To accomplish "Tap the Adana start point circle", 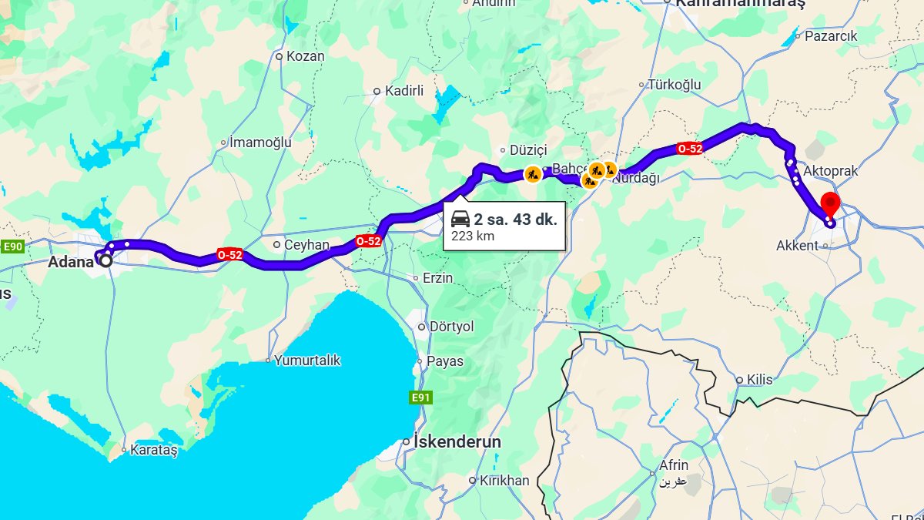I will point(105,260).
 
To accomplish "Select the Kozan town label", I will point(305,56).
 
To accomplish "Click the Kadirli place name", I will point(404,91).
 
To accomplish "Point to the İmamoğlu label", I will point(261,142).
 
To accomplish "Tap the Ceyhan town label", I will point(306,245).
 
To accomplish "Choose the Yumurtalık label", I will point(307,360).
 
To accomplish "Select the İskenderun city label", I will point(457,442).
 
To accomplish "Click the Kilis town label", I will point(759,380).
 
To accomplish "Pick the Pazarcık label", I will point(831,35).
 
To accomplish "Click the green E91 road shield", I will point(420,398).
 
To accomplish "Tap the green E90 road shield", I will point(12,247).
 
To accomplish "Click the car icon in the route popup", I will point(460,219).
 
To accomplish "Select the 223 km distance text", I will point(473,237).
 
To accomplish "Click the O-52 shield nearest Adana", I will point(230,254).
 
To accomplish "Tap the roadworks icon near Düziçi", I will point(532,174).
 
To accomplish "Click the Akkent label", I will point(798,246).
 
